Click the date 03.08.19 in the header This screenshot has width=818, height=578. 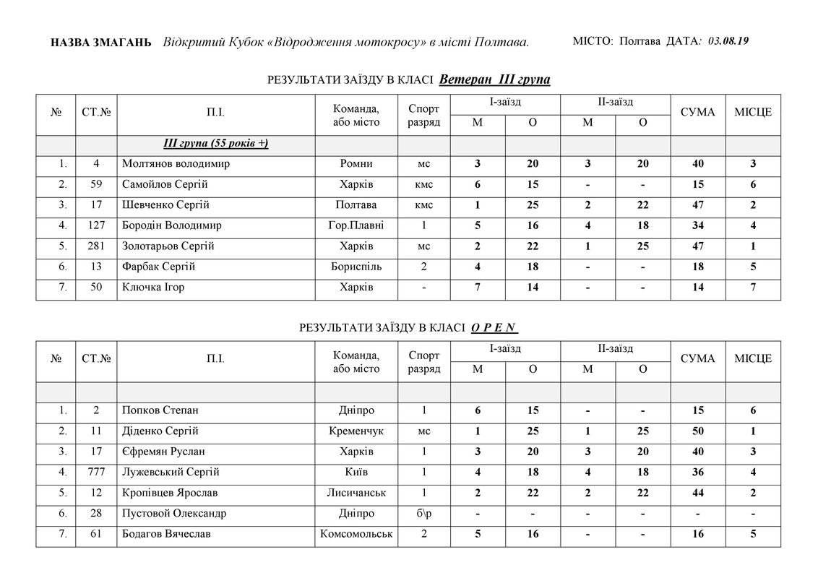[728, 41]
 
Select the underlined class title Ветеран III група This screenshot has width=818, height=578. [494, 79]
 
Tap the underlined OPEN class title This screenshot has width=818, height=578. [495, 328]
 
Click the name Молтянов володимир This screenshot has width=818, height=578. [176, 164]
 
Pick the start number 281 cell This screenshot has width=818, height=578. [96, 246]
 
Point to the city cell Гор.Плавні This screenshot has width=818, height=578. [356, 225]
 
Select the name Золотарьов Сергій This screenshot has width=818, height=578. [168, 246]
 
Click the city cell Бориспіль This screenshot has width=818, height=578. [356, 267]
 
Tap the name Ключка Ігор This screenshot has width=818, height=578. [153, 288]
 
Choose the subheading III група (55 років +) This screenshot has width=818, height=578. [216, 143]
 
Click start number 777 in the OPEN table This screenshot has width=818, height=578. [96, 473]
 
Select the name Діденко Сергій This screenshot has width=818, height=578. [160, 431]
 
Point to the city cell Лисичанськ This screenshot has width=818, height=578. [356, 493]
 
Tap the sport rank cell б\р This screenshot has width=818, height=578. [423, 514]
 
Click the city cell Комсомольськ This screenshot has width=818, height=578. [356, 534]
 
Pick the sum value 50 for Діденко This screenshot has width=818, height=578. [698, 431]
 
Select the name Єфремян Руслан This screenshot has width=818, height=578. [163, 452]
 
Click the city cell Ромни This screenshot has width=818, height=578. [356, 164]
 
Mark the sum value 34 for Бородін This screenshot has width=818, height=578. [698, 225]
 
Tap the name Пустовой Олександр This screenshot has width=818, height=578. [174, 514]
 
